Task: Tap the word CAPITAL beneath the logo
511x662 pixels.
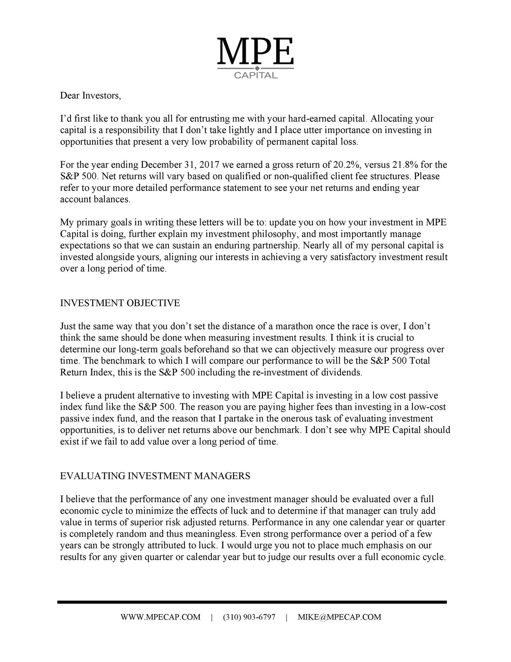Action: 255,75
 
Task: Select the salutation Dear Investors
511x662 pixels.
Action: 90,95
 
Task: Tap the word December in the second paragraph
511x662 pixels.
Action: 161,165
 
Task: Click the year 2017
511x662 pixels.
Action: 210,165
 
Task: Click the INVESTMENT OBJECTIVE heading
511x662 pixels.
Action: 120,303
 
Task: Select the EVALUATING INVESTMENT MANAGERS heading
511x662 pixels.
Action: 155,476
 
